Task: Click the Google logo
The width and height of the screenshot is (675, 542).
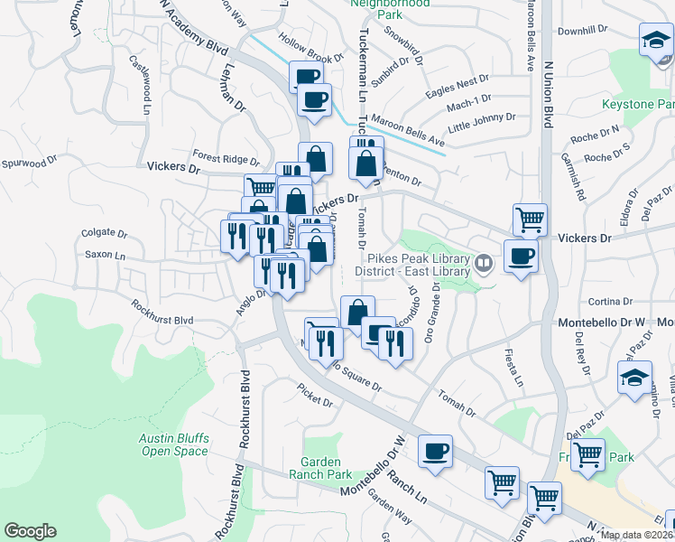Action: point(31,531)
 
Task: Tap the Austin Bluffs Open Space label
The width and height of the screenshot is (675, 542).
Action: point(174,444)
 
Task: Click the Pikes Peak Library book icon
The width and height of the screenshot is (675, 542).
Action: point(484,264)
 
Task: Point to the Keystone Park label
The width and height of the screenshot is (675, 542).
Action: point(638,105)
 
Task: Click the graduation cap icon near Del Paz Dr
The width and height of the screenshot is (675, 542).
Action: point(634,377)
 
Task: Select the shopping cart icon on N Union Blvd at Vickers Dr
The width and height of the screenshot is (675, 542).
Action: point(530,218)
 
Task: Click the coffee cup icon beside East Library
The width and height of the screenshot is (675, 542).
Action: point(521,257)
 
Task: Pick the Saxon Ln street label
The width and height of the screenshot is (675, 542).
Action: point(105,255)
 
